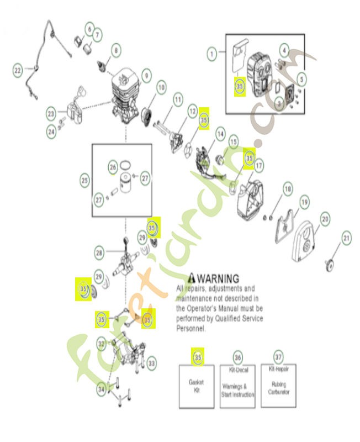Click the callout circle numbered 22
click(18, 70)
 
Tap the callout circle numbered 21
click(346, 239)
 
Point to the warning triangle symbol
click(192, 277)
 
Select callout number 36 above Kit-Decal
click(237, 357)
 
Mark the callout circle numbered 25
click(84, 180)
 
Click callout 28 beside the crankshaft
click(99, 253)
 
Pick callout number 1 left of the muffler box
click(211, 54)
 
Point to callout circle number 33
click(151, 363)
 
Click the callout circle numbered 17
click(258, 165)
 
